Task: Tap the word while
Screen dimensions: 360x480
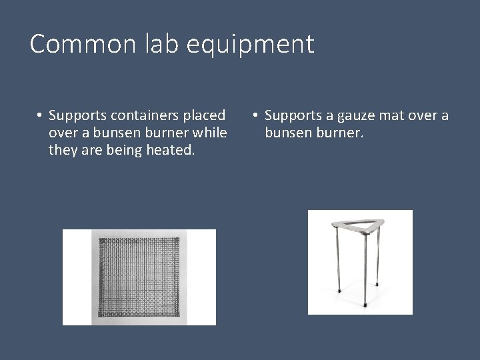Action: pyautogui.click(x=209, y=133)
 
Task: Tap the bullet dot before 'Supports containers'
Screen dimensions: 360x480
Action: pyautogui.click(x=40, y=117)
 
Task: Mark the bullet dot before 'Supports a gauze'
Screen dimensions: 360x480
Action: pyautogui.click(x=255, y=117)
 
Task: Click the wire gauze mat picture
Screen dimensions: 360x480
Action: pyautogui.click(x=139, y=277)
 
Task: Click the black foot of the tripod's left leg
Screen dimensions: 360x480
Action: pyautogui.click(x=339, y=291)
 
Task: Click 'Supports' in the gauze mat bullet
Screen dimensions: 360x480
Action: pyautogui.click(x=293, y=117)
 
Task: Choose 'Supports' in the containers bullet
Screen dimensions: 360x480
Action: pyautogui.click(x=77, y=117)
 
